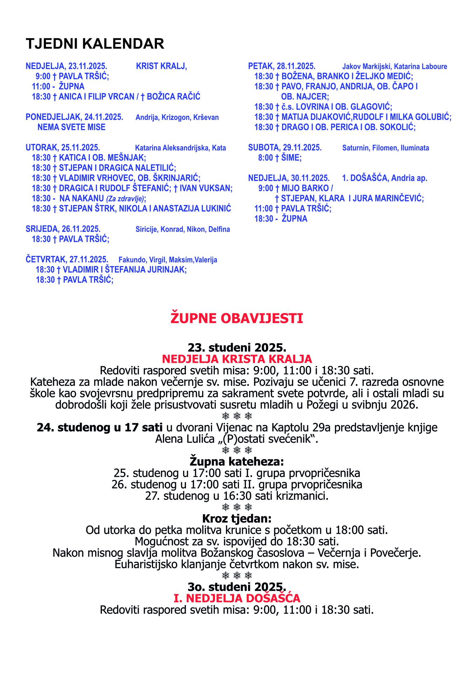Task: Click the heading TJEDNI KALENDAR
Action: [95, 44]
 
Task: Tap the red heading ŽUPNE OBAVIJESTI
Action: [237, 318]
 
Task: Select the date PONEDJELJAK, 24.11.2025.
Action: [74, 117]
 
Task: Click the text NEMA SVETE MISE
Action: [71, 127]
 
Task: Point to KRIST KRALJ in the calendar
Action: [161, 66]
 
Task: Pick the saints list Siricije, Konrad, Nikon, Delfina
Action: [183, 229]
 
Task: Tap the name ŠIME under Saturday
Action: [291, 158]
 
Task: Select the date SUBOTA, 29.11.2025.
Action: [285, 148]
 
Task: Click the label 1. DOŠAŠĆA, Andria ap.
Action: [384, 178]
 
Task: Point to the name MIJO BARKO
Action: [305, 188]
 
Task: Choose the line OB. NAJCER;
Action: [305, 97]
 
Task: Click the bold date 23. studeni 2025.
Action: [237, 348]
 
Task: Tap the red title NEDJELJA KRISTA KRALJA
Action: [237, 359]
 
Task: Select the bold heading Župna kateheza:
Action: [237, 461]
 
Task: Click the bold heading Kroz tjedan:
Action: [237, 518]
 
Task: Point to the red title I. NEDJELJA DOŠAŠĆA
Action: [237, 598]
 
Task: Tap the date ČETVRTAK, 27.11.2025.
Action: [67, 260]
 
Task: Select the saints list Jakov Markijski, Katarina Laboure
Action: [394, 67]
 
